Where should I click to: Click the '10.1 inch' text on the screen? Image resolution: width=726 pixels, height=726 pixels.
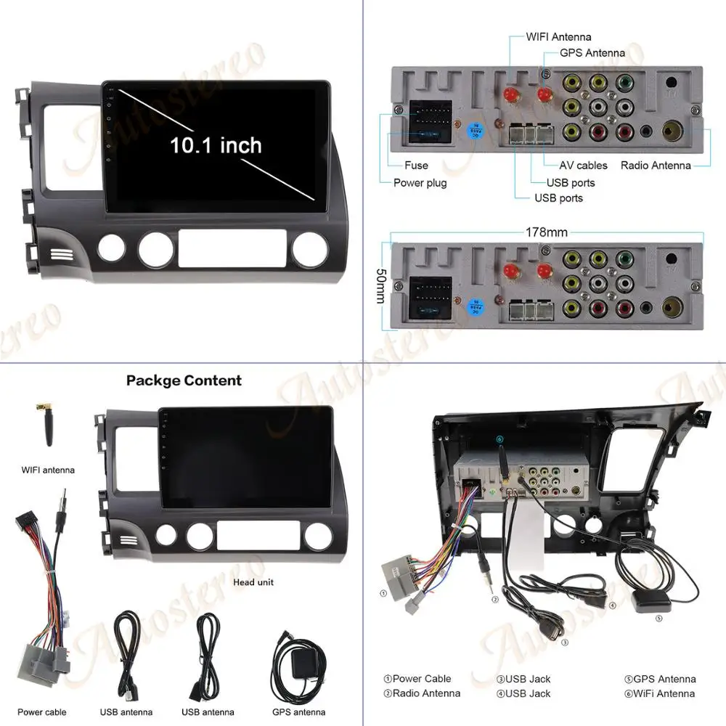coord(216,144)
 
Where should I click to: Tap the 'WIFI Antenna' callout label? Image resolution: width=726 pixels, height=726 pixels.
coord(559,37)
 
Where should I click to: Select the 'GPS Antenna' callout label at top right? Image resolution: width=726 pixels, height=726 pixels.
coord(592,53)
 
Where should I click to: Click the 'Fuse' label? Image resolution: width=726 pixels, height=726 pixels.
coord(416,166)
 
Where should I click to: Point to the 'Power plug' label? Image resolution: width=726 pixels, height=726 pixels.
coord(420,183)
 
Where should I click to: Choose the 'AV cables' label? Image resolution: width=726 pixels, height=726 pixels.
coord(583,166)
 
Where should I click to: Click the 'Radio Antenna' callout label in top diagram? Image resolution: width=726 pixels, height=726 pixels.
coord(656,166)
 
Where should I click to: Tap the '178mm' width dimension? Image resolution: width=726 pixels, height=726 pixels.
coord(547,232)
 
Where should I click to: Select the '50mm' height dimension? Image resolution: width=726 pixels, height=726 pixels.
coord(380,284)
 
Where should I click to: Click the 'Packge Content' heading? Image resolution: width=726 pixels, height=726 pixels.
coord(184,380)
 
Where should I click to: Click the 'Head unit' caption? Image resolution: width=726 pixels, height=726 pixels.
coord(254,582)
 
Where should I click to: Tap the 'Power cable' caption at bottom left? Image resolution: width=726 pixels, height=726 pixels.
coord(42,712)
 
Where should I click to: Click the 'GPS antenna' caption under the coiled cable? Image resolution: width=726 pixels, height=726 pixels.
coord(298,712)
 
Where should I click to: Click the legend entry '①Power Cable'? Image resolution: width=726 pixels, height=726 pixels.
coord(417,679)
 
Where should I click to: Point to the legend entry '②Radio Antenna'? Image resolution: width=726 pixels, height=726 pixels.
coord(422,693)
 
